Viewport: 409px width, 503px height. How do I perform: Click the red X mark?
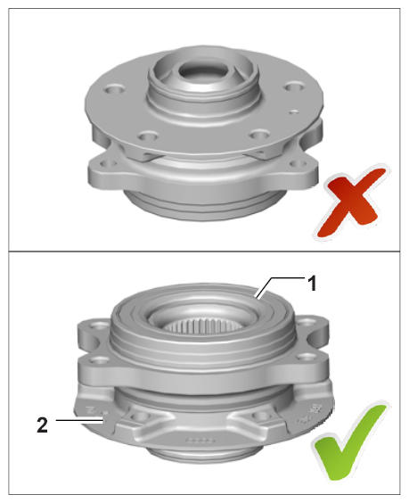click(351, 202)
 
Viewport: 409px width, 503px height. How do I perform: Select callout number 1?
click(312, 284)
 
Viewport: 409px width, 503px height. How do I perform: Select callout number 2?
click(42, 425)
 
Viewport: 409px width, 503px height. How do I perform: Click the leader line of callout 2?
click(80, 420)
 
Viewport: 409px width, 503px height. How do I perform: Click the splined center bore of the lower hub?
click(201, 326)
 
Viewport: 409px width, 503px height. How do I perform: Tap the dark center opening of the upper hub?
click(203, 70)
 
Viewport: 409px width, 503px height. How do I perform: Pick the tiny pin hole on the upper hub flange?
click(294, 112)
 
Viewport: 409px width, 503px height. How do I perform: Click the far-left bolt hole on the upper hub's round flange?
click(114, 89)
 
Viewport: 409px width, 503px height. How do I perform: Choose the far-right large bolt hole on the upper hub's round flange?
click(295, 87)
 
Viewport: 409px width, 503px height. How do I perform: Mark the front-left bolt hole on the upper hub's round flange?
click(148, 136)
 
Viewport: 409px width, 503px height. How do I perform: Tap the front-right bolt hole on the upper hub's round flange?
click(259, 135)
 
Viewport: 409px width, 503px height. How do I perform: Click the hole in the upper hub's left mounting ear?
click(107, 164)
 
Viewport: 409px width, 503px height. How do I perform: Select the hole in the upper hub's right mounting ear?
click(296, 164)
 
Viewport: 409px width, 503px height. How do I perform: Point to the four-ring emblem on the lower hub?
click(199, 440)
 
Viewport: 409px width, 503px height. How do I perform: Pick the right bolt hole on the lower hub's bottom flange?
click(258, 416)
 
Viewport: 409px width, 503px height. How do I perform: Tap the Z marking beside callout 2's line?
click(90, 410)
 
